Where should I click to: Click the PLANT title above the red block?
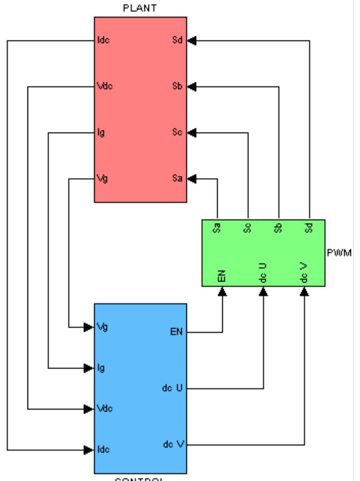pos(140,9)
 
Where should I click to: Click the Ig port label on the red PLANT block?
pos(101,134)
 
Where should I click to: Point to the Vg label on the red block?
pos(101,179)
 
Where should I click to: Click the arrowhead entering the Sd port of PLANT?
pos(192,40)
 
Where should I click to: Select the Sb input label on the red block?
pos(178,86)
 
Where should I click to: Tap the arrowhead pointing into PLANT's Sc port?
pos(192,133)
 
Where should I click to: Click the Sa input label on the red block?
pos(178,179)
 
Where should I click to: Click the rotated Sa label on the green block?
pos(218,227)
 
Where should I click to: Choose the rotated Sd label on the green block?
pos(309,227)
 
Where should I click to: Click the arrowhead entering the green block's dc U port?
pos(264,291)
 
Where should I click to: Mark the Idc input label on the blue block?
pos(103,449)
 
